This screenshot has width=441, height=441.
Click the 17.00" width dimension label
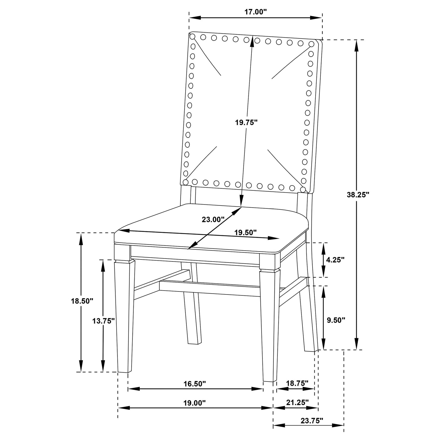click(255, 12)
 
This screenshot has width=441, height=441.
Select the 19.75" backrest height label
click(246, 122)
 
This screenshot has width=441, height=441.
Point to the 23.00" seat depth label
click(213, 219)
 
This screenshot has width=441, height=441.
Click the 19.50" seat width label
click(245, 232)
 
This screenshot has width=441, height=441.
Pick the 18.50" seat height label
click(82, 301)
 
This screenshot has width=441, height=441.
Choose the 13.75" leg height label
click(104, 320)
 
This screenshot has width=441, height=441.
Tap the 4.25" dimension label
click(335, 260)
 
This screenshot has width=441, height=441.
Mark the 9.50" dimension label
click(335, 320)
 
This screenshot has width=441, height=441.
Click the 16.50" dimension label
click(195, 384)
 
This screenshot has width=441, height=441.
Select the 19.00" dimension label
click(195, 403)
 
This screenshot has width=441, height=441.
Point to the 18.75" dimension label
click(297, 383)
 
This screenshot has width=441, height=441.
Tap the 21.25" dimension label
click(298, 403)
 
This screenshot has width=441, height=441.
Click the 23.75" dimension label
click(312, 421)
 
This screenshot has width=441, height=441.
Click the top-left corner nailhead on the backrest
click(192, 37)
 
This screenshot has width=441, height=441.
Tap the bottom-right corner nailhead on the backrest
click(302, 190)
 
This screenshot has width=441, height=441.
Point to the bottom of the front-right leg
click(269, 381)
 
